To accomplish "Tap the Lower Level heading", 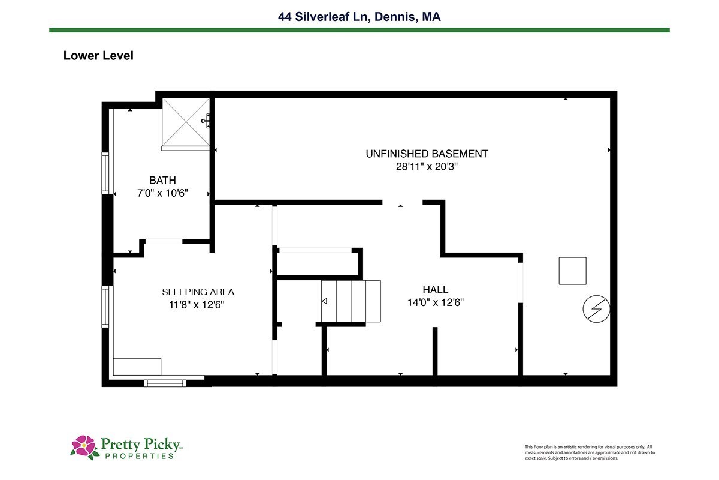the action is (98, 56).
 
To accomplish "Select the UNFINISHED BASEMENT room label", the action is (427, 154).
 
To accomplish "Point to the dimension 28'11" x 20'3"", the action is (427, 167).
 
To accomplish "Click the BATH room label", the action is (162, 180).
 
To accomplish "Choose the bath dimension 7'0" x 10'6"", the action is (162, 193).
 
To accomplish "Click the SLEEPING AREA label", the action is (198, 292).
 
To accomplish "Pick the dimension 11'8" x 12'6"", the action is (197, 304).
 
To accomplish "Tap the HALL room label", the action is (435, 290).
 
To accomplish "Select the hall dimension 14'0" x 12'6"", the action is (436, 302).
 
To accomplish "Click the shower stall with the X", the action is (186, 122).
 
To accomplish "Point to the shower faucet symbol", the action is (206, 121).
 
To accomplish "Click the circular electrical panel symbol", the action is (596, 308).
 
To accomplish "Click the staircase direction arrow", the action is (324, 301).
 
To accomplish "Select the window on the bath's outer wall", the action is (105, 173).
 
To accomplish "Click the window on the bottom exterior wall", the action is (165, 383).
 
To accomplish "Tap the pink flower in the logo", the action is (84, 446).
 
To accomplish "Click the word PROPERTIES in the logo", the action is (140, 456).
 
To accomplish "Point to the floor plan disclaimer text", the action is (590, 452).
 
